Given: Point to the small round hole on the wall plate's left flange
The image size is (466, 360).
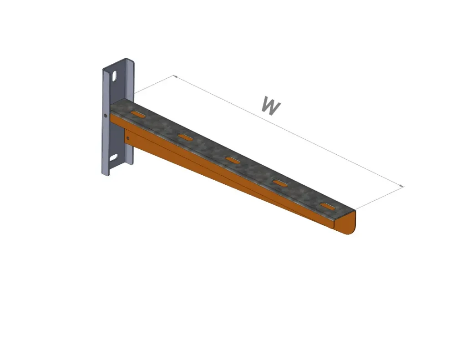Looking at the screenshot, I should (106, 116).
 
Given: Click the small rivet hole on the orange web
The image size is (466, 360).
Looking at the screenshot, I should (128, 137).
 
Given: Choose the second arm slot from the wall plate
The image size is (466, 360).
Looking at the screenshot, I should (185, 137).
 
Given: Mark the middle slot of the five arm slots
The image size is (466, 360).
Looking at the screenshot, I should (233, 159).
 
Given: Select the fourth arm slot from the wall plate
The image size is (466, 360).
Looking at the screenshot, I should (280, 183).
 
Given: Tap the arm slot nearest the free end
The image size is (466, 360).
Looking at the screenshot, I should (327, 206).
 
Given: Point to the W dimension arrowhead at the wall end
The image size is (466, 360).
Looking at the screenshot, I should (174, 76).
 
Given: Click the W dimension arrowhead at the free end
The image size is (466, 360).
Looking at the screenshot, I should (402, 186).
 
